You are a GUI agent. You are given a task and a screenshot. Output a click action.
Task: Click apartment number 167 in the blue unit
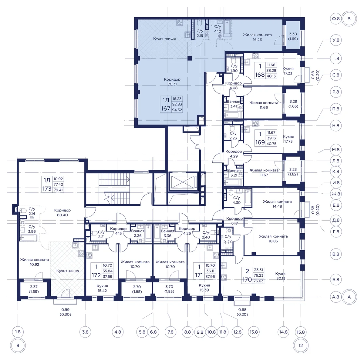(x=166, y=108)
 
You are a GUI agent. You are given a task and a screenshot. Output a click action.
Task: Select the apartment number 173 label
(x=47, y=188)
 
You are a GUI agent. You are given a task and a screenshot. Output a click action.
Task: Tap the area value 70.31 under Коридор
(x=172, y=84)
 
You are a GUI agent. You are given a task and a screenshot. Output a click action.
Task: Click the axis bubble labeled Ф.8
(x=336, y=19)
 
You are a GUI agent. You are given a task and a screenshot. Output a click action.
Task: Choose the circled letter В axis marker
(x=349, y=19)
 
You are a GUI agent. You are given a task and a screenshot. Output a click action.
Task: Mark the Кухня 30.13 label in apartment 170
(x=281, y=276)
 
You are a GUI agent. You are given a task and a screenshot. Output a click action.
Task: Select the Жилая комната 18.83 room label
(x=273, y=238)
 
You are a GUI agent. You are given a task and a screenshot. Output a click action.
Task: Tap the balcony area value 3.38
(x=293, y=34)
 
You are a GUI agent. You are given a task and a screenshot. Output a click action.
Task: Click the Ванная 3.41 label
(x=234, y=104)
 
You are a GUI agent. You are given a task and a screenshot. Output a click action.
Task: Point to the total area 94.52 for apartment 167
(x=177, y=110)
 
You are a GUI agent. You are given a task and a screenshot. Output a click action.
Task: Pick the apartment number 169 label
(x=260, y=142)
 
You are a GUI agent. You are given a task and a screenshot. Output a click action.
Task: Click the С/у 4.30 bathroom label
(x=236, y=200)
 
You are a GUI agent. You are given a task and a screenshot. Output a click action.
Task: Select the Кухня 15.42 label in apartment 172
(x=102, y=288)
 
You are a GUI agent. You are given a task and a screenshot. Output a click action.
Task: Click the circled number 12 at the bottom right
(x=301, y=345)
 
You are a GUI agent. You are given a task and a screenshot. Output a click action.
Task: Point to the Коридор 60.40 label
(x=62, y=212)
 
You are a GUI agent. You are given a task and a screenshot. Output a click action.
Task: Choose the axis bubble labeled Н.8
(x=336, y=125)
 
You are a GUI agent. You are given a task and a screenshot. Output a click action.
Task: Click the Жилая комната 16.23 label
(x=257, y=37)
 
